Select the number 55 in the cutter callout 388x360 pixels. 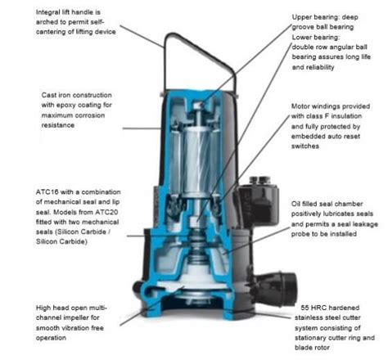click(305, 308)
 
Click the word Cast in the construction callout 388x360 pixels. click(49, 95)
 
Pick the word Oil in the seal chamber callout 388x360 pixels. click(296, 204)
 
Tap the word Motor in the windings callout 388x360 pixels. click(300, 106)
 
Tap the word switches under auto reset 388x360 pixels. click(305, 146)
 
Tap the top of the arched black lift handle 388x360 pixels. click(173, 34)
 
